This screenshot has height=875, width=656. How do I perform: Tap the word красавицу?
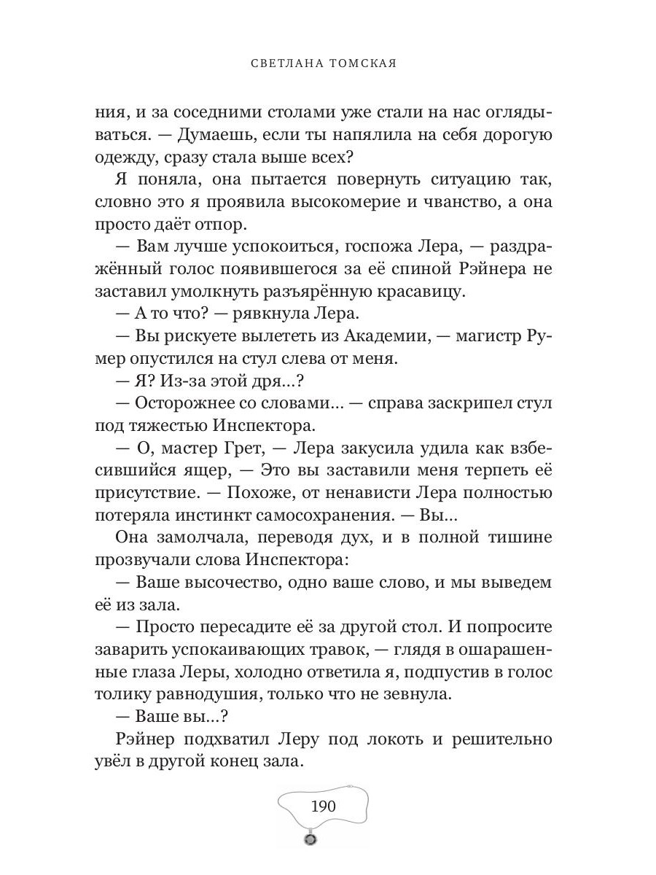(408, 292)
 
